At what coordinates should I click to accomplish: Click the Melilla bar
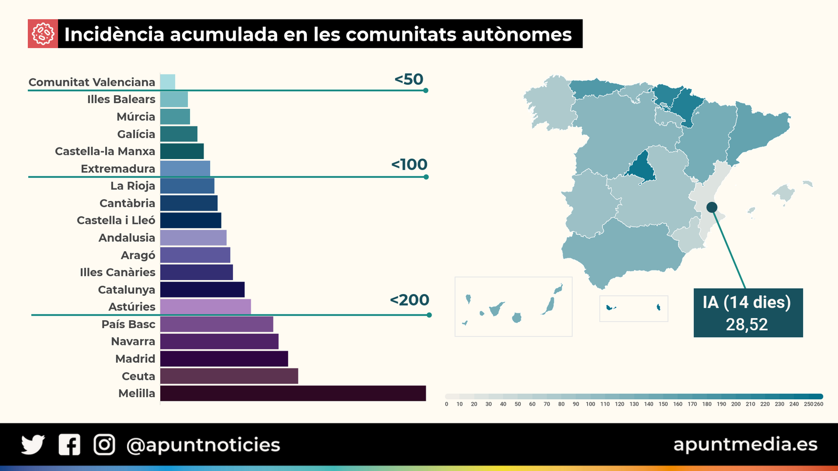(x=293, y=393)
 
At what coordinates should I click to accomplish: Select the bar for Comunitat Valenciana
(x=168, y=82)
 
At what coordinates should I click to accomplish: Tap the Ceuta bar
(x=229, y=376)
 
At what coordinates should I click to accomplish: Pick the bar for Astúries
(x=205, y=307)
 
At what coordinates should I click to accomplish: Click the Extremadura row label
(x=118, y=169)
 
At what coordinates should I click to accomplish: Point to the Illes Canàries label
(x=117, y=272)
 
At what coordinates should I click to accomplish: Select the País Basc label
(x=128, y=324)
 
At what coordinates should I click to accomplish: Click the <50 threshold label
(x=409, y=79)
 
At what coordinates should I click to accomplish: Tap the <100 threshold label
(x=409, y=164)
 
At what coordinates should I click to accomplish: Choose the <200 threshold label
(x=409, y=300)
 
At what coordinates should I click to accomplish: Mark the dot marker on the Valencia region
(x=711, y=207)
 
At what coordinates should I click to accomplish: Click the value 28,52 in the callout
(x=747, y=324)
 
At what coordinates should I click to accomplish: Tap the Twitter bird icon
(x=33, y=445)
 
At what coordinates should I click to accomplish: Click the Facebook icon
(x=69, y=445)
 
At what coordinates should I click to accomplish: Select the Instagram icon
(x=104, y=445)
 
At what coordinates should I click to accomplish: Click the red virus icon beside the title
(x=43, y=34)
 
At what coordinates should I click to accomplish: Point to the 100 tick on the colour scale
(x=590, y=404)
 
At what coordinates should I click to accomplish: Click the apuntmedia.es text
(x=745, y=444)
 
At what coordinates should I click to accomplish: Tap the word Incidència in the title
(x=114, y=35)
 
